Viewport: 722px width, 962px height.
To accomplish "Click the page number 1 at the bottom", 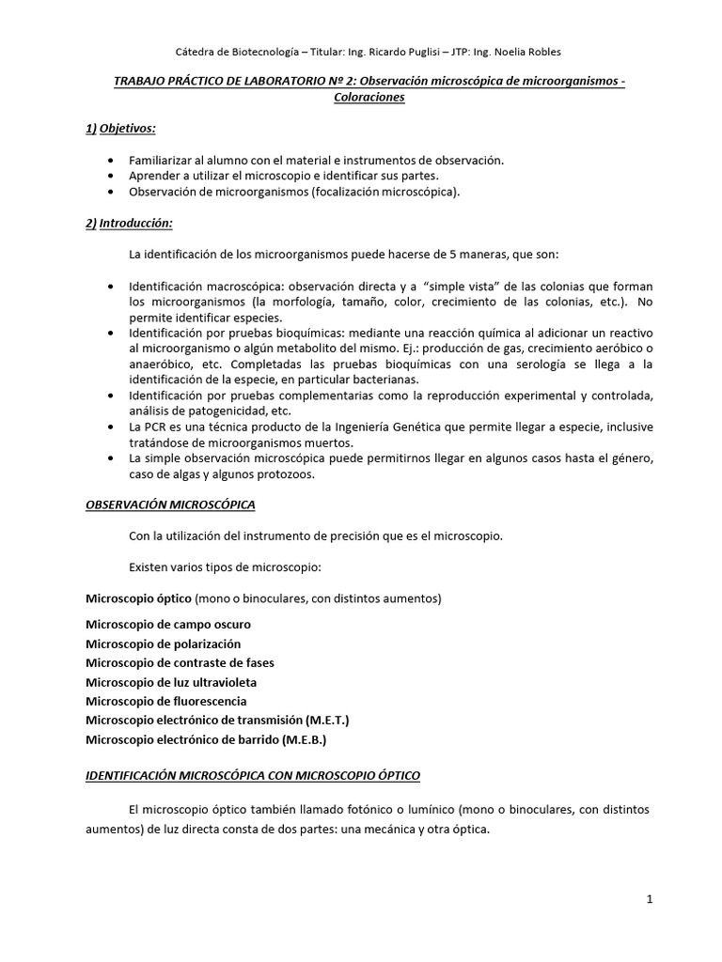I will click(650, 898).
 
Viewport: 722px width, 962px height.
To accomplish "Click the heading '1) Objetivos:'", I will click(120, 128).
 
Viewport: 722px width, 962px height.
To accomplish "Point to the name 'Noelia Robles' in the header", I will click(528, 51).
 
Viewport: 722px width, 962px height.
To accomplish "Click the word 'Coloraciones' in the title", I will click(360, 97).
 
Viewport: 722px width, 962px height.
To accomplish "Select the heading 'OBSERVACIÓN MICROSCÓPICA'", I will click(170, 504).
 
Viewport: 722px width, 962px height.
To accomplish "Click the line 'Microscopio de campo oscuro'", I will click(168, 624).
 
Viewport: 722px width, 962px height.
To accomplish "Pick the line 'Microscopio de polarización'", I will click(164, 644).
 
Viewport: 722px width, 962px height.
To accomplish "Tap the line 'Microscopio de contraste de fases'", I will click(180, 662).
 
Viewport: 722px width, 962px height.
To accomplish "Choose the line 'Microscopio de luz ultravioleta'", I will click(171, 682).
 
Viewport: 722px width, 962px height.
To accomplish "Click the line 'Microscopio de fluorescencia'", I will click(166, 701).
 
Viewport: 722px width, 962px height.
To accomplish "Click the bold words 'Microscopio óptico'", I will click(139, 598).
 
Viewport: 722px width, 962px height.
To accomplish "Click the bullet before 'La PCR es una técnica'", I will click(114, 427).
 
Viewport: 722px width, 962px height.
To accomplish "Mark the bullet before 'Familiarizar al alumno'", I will click(114, 161).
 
